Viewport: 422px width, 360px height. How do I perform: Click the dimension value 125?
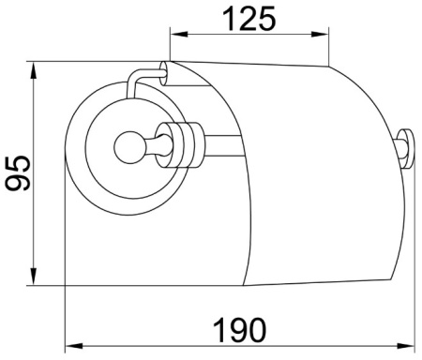click(249, 18)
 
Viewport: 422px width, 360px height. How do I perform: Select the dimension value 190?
click(237, 329)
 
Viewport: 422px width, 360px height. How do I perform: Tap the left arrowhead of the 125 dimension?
click(175, 36)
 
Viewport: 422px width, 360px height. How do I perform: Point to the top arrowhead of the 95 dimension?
click(36, 68)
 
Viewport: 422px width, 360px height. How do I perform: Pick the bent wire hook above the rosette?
click(141, 77)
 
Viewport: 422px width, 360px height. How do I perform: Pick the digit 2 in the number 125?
click(249, 18)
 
